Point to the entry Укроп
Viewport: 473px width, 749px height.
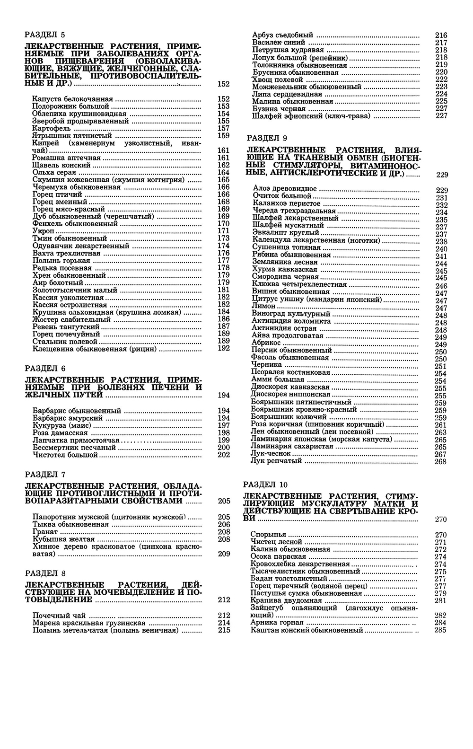[43, 231]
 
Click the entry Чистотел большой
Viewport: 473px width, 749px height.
[65, 455]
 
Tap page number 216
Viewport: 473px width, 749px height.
[441, 35]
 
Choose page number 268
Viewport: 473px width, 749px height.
[440, 461]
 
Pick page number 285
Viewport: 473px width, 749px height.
[440, 630]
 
